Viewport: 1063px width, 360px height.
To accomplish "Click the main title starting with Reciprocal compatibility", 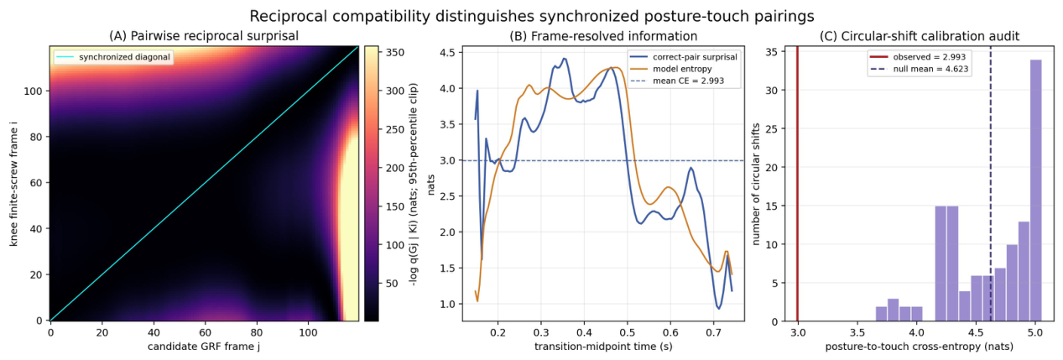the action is click(532, 16).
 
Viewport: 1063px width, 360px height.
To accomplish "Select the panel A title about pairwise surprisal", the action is click(204, 36).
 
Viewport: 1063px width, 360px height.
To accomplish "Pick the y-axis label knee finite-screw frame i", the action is click(13, 183).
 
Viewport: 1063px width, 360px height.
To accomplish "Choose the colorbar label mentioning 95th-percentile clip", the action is click(414, 184).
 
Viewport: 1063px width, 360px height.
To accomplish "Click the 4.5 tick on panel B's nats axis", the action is click(447, 52).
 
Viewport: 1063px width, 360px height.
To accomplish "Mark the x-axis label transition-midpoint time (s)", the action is click(603, 347).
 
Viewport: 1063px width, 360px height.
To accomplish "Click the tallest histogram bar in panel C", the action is click(1035, 190).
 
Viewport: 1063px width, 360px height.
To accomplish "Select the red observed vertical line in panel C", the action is click(797, 183).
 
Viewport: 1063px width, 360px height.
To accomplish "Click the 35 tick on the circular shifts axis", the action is click(772, 52).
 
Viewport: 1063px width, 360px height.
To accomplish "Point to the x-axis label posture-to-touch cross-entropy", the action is click(920, 347).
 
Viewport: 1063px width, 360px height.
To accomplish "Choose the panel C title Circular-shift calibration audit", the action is click(920, 36).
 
